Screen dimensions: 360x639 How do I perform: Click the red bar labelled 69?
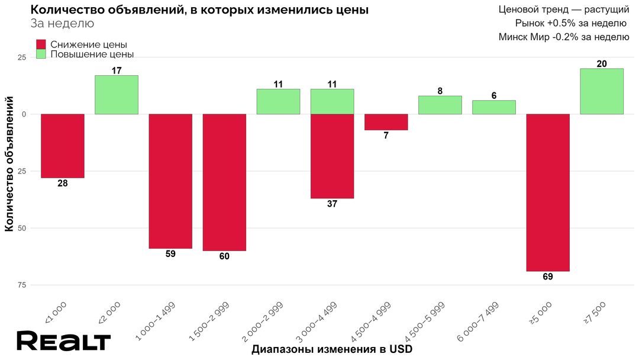(548, 192)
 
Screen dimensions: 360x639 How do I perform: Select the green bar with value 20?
(602, 91)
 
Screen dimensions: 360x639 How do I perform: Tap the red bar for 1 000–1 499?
(170, 181)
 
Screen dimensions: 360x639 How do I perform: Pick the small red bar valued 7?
(386, 122)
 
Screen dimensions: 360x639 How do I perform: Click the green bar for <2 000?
(117, 95)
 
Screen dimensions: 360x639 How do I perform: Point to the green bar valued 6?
(494, 107)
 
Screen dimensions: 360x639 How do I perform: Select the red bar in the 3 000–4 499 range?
(332, 156)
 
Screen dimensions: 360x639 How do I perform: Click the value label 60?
(224, 256)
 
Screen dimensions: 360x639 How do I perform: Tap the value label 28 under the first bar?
(63, 184)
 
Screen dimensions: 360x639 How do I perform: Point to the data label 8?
(440, 91)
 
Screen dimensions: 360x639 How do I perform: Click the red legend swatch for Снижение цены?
(41, 44)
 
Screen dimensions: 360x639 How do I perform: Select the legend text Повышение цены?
(92, 54)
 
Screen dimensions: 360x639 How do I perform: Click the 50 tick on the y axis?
(21, 228)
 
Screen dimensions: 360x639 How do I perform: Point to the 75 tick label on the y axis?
(21, 285)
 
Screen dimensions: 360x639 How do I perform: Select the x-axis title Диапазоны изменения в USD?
(331, 349)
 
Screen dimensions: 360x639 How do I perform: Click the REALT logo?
(63, 342)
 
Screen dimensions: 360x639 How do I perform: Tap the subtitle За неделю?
(62, 24)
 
